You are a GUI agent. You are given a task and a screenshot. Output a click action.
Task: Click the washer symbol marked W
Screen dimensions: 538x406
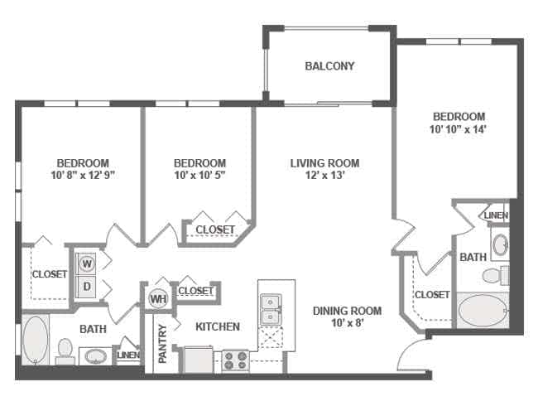87,263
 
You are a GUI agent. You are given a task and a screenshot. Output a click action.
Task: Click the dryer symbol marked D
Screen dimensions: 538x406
87,286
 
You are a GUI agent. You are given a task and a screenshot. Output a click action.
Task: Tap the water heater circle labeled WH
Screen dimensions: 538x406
159,299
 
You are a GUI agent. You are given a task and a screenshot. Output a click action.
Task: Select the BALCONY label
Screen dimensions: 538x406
329,66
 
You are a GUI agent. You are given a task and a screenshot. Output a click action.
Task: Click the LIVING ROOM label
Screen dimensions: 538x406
325,163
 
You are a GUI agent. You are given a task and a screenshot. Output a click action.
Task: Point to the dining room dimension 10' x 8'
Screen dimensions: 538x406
348,323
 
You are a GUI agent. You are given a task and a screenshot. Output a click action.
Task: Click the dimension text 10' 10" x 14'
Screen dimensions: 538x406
459,129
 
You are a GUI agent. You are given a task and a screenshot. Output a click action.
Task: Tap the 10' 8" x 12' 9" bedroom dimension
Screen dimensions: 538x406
83,175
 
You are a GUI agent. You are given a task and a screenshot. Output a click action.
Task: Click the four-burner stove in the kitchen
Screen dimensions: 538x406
235,360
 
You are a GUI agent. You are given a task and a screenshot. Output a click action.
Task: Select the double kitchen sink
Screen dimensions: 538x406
271,310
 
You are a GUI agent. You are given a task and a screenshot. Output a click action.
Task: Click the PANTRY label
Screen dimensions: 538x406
162,344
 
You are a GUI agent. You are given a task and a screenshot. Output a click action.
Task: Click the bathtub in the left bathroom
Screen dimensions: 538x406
35,340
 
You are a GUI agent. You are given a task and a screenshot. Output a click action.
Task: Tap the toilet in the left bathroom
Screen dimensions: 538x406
65,351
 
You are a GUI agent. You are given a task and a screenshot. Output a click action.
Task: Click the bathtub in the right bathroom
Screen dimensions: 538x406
483,310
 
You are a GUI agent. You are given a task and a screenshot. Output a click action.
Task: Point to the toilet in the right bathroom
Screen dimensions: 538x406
496,275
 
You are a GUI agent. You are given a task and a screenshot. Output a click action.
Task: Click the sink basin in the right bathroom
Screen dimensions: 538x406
500,244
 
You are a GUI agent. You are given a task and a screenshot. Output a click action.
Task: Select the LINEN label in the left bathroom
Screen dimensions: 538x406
128,355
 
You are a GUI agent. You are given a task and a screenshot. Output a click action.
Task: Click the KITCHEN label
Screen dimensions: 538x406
218,326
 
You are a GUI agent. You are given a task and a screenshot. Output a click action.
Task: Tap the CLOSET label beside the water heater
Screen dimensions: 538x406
195,291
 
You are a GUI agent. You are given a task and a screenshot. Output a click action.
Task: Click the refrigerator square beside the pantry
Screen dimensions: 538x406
199,360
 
